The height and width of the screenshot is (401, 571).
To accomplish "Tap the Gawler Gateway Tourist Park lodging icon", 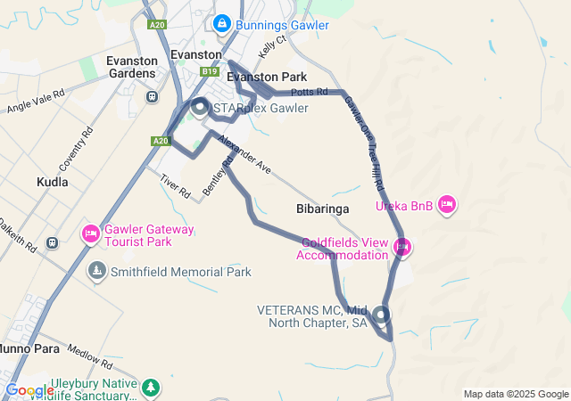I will pyautogui.click(x=91, y=234).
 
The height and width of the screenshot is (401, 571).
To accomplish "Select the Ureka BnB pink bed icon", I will pyautogui.click(x=448, y=205).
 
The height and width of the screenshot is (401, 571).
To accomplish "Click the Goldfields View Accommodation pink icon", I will pyautogui.click(x=402, y=247).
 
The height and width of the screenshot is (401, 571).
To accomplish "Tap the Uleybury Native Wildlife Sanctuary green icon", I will pyautogui.click(x=152, y=387).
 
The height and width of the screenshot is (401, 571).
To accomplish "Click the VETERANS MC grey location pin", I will pyautogui.click(x=382, y=315).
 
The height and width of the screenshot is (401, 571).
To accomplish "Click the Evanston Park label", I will pyautogui.click(x=267, y=77).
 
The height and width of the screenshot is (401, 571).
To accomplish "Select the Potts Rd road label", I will pyautogui.click(x=310, y=92).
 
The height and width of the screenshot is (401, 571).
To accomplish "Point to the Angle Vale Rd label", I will pyautogui.click(x=36, y=101).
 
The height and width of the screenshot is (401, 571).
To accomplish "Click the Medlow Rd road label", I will pyautogui.click(x=88, y=357).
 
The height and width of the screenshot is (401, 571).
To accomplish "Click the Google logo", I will pyautogui.click(x=29, y=389).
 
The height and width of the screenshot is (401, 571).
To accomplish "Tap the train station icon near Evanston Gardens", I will pyautogui.click(x=153, y=96).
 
